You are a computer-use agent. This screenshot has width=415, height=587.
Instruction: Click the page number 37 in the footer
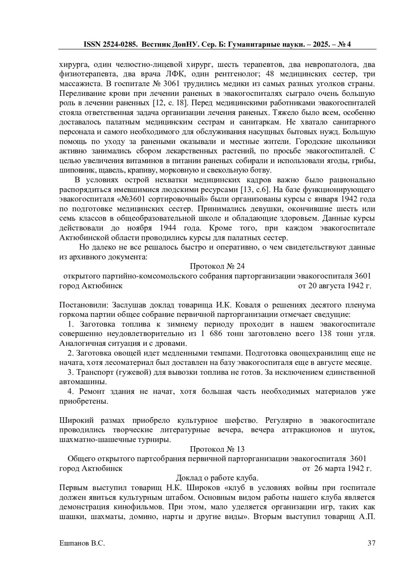click(x=371, y=543)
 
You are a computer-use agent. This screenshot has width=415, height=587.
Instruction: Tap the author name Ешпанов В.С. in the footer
click(x=82, y=543)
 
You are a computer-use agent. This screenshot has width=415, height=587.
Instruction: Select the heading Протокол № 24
click(x=217, y=266)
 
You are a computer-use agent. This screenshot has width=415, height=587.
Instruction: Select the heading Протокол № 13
click(x=217, y=449)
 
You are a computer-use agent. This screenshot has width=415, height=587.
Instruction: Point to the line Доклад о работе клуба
click(x=217, y=478)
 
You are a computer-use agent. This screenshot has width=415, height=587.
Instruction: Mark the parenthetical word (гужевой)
click(x=132, y=373)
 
